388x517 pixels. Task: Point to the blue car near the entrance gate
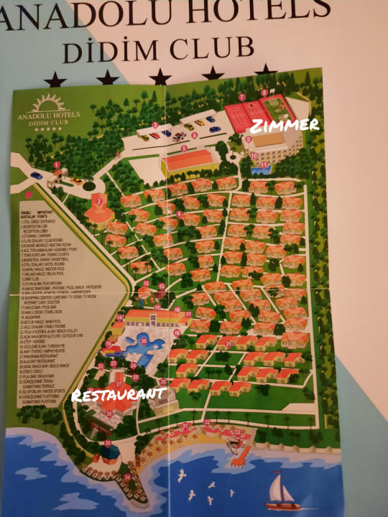point(36,174)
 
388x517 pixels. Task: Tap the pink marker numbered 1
point(57,165)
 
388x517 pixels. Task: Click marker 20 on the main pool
point(144,340)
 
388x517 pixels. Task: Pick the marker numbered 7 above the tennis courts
point(242,96)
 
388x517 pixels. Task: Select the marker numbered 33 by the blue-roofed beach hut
point(108,444)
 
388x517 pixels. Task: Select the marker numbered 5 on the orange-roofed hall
point(184,149)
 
